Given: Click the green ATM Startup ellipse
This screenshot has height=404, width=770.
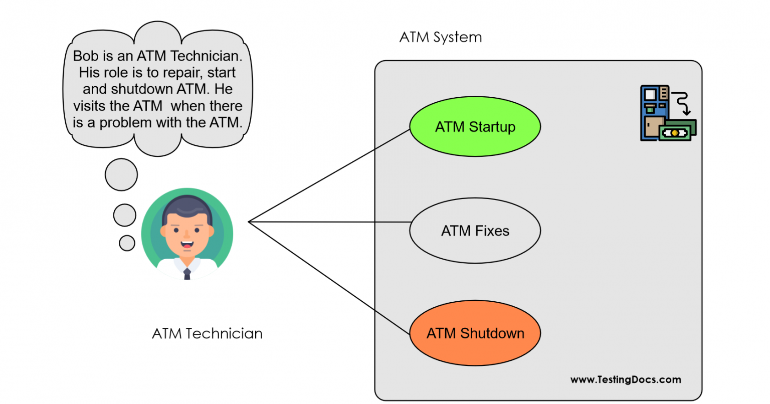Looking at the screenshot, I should pos(475,127).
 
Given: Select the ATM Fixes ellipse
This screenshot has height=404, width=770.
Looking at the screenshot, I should pos(475,231).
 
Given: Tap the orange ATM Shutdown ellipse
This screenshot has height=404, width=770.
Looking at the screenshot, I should pos(475,333).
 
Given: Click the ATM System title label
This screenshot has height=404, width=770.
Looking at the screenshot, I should pos(440,38).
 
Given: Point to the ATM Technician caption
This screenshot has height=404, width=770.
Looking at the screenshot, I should pos(207,334).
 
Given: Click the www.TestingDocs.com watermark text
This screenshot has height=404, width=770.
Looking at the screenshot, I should pos(625,380).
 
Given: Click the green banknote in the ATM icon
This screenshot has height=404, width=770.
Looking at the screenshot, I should pos(677,132).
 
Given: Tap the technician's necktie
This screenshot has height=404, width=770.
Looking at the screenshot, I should pos(187,273).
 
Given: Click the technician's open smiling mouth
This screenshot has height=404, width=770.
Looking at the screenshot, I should pos(187,245).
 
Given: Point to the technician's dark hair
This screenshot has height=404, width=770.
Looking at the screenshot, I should pos(187,207).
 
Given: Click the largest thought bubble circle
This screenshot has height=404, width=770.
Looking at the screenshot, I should pos(121,175).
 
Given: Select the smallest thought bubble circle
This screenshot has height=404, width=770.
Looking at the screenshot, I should pos(127,243).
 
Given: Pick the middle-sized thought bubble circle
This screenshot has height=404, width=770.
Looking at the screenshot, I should pos(124,215).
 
